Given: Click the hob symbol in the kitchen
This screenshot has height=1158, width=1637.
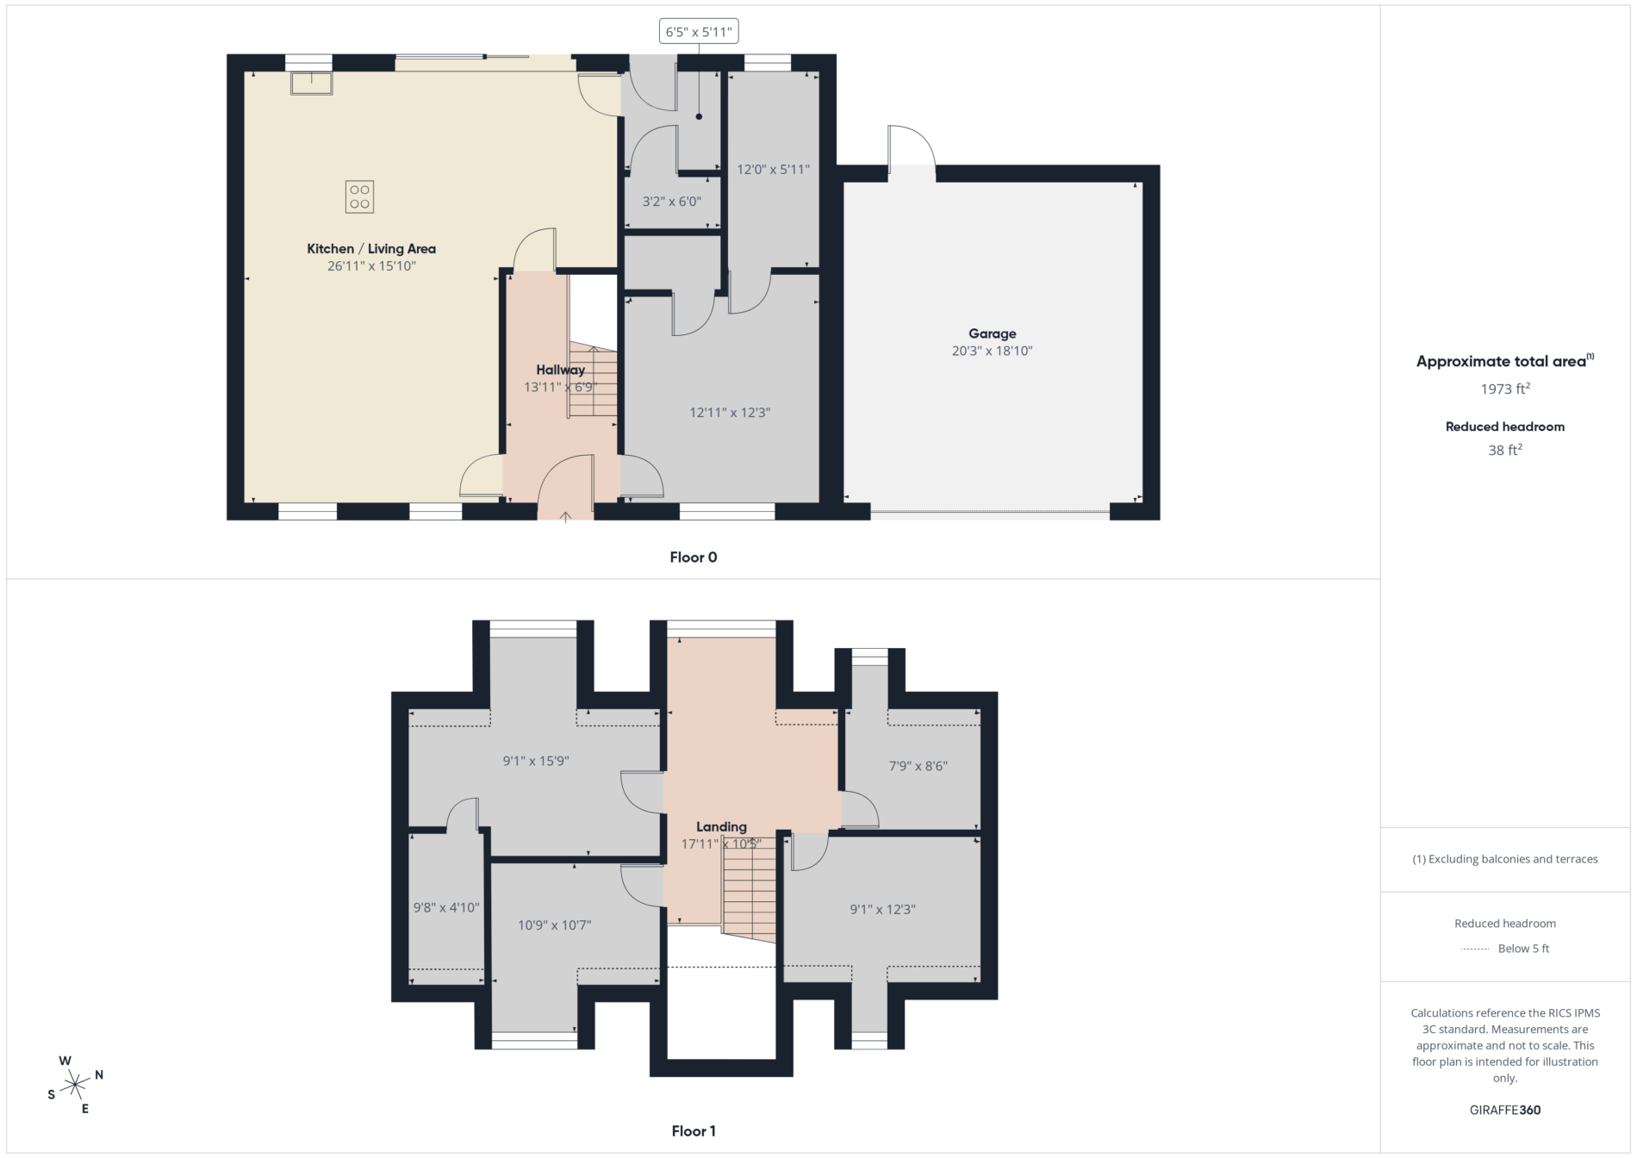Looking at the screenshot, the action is pos(359,196).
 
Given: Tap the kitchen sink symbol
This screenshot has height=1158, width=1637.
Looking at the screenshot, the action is pos(311,83).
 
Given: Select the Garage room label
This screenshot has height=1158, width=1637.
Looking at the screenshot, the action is pos(992,333).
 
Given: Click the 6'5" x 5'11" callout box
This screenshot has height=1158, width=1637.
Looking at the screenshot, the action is pos(699,32).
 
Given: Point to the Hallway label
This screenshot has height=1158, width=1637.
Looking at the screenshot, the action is pos(560,370).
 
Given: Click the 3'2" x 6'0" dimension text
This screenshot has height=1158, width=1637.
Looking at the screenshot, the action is pos(672,202).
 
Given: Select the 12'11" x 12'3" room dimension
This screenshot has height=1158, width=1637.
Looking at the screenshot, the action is pos(730,413).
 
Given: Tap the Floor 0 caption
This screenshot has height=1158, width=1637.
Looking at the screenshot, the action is pos(694,557).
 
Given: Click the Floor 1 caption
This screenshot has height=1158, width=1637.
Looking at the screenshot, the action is pos(694,1131).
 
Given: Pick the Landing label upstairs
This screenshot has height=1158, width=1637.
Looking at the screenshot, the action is pos(721,827).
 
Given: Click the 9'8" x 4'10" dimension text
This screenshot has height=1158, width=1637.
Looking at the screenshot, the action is pos(446,907).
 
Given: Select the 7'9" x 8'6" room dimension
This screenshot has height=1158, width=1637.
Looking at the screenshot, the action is pos(918,766).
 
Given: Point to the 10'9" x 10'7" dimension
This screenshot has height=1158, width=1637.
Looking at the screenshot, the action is pos(554,925).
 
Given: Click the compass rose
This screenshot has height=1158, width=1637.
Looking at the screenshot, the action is pos(75,1085).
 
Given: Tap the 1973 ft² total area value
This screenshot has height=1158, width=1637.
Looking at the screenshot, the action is pos(1505,389).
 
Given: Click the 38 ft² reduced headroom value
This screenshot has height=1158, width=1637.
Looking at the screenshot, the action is pos(1505,450).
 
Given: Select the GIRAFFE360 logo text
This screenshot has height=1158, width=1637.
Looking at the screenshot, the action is pos(1505,1110).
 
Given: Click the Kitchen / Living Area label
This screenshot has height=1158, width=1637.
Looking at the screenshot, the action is pos(371,249).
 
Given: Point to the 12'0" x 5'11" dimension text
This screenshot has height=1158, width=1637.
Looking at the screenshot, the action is pos(773,170).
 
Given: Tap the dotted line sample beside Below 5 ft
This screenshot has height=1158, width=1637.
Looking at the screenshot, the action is pos(1475,949).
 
